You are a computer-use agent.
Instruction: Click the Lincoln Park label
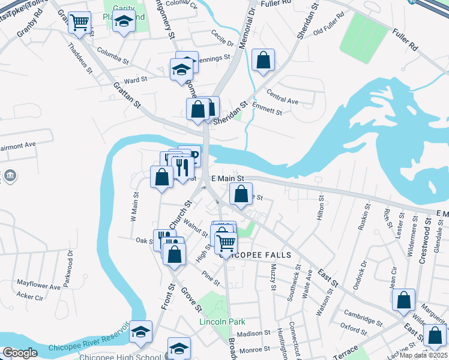pos(223,322)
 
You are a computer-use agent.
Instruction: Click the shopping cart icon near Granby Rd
pos(79,23)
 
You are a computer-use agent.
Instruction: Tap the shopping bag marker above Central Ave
pos(263,60)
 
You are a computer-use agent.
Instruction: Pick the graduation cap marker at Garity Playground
pos(124,23)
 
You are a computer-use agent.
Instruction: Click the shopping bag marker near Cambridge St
pos(403,300)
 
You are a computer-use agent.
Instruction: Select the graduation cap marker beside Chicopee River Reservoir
pos(140,332)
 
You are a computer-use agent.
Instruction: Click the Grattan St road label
pos(127,95)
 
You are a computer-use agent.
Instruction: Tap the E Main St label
pos(228,178)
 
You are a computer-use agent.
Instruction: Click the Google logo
pos(20,353)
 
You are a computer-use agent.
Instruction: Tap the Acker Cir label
pos(30,296)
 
